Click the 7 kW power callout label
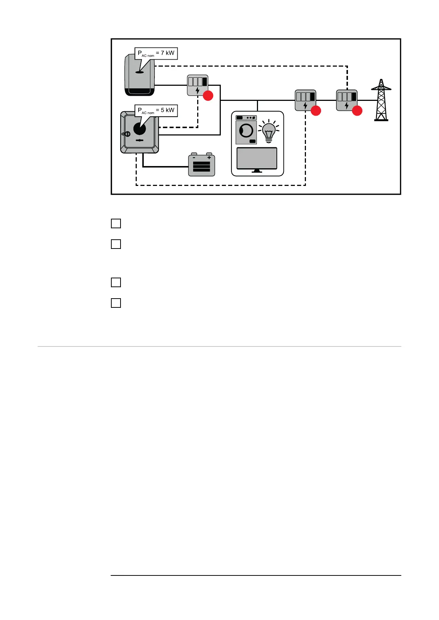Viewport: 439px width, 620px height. point(156,53)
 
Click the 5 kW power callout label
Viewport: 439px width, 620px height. point(156,110)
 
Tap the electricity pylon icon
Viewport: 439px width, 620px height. point(381,100)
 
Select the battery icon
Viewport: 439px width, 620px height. point(201,165)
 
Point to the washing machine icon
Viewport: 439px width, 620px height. point(246,130)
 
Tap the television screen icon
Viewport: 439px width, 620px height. point(257,159)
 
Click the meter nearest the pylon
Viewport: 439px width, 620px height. point(346,100)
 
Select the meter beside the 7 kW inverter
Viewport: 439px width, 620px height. point(198,85)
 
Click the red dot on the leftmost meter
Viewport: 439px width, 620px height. point(208,96)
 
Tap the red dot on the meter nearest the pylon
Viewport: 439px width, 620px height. point(357,110)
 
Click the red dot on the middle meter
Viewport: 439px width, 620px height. point(316,110)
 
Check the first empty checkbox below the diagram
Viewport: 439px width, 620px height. point(116,223)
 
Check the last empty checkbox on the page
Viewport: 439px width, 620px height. point(116,303)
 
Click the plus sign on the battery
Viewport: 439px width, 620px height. point(209,158)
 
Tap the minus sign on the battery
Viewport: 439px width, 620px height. point(194,158)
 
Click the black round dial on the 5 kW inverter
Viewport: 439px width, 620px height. point(139,129)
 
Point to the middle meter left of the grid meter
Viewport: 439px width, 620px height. point(305,100)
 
